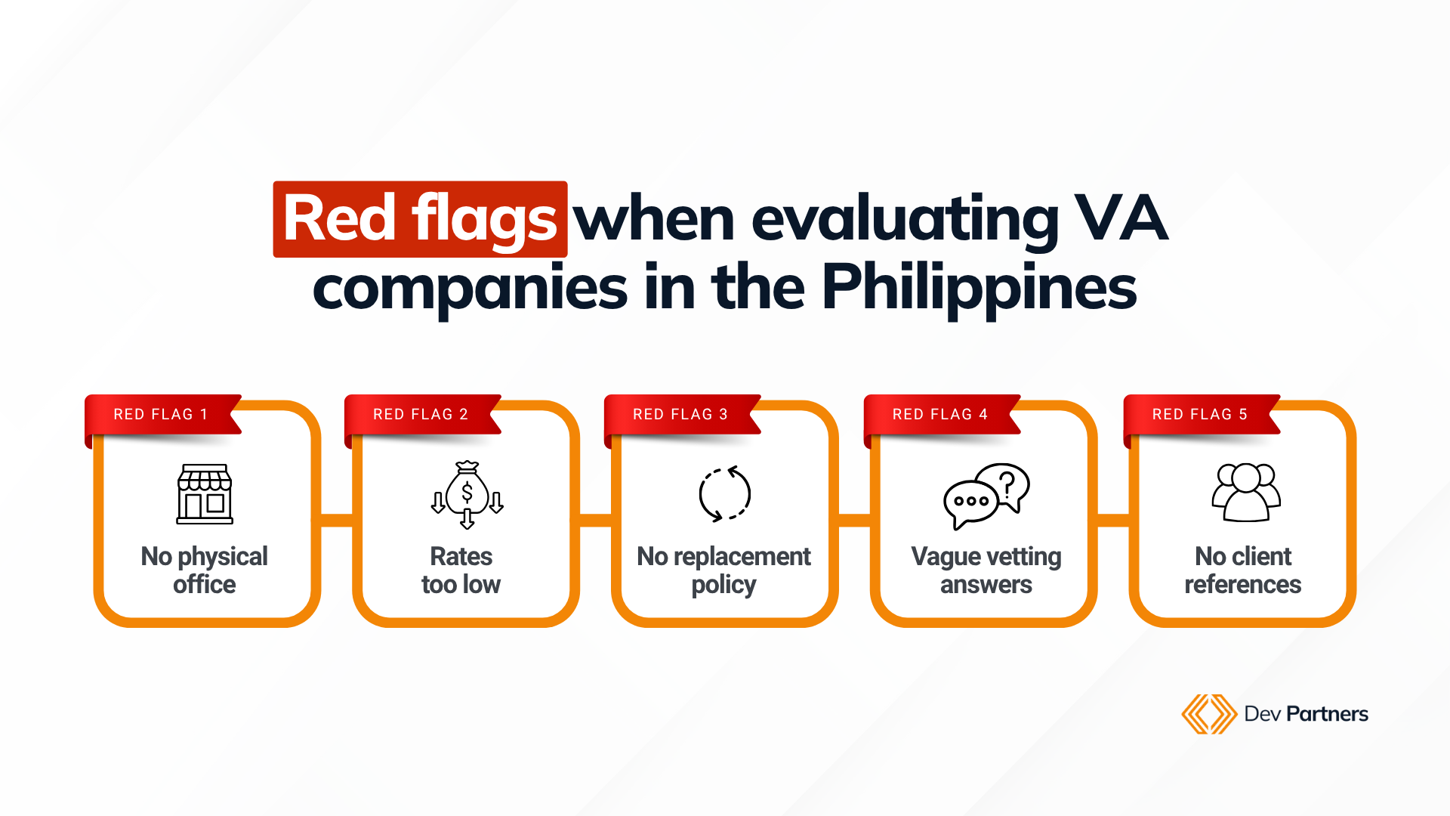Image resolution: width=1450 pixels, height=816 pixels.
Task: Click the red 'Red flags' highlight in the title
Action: (420, 219)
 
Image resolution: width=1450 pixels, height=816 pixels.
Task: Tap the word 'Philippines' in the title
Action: (979, 289)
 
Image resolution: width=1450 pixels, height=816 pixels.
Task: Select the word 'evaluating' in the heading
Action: (905, 221)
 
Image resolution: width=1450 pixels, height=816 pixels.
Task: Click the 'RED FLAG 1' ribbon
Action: (163, 415)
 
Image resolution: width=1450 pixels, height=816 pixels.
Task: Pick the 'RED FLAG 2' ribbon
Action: (423, 415)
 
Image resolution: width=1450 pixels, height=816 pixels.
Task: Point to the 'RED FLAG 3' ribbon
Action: (683, 415)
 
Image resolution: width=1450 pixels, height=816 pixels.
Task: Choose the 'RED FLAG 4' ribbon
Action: (942, 415)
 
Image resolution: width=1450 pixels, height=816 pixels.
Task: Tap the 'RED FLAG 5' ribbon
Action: (1202, 415)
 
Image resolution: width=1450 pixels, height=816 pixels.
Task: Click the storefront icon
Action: (205, 494)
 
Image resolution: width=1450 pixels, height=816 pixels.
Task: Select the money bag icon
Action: (467, 495)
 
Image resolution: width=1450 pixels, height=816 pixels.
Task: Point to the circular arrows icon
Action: (724, 495)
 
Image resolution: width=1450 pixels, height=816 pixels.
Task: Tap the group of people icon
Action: (1246, 493)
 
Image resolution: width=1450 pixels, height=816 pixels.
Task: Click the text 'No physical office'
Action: (205, 570)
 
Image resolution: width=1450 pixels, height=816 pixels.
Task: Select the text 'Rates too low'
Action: (461, 570)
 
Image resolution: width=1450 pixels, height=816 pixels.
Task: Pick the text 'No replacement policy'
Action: (723, 570)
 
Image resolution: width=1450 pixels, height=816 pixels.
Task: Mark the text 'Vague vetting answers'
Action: (986, 570)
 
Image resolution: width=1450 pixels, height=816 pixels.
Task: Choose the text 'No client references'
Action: (1243, 570)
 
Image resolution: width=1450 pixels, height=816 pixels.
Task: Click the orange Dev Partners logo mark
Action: (1208, 714)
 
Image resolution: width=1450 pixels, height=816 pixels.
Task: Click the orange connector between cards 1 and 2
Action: (337, 521)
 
